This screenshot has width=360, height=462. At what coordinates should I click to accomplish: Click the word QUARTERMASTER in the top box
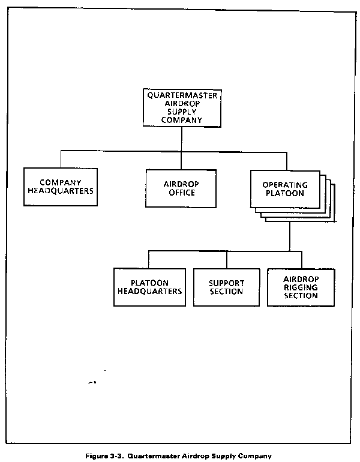click(x=182, y=95)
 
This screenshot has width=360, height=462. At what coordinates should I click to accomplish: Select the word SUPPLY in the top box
click(x=182, y=112)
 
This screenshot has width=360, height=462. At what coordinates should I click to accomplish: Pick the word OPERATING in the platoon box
click(x=285, y=185)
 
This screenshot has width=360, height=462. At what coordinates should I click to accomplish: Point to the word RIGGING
click(x=301, y=287)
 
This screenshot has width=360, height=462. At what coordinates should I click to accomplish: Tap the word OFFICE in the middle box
click(x=182, y=193)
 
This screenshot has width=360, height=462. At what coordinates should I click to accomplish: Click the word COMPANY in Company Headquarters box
click(x=61, y=182)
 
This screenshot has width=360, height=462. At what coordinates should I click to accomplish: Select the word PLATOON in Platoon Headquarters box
click(x=149, y=283)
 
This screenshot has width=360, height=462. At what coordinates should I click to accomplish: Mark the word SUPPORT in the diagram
click(x=227, y=283)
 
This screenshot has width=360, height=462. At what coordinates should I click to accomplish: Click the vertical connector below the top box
click(x=181, y=139)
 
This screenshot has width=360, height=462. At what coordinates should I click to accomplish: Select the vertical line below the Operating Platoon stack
click(x=290, y=236)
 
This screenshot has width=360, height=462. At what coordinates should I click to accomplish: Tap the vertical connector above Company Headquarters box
click(x=61, y=160)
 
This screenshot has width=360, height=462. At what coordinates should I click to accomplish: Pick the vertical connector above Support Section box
click(x=227, y=260)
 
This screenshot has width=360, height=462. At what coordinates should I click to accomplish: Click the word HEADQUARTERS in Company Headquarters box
click(x=61, y=191)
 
